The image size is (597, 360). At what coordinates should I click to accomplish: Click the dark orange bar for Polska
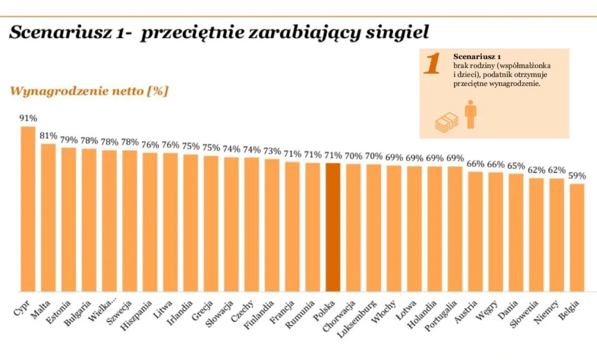(333, 227)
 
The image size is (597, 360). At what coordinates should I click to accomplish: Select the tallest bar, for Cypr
(28, 209)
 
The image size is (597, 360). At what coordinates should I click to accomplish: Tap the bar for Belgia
(577, 238)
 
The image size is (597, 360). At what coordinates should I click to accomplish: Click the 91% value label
(28, 119)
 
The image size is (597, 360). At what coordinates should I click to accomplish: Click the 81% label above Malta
(48, 136)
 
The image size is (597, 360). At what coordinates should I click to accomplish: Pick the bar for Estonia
(69, 220)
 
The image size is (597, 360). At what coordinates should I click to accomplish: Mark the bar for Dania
(516, 232)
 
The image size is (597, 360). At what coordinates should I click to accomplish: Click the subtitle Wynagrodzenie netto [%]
(89, 91)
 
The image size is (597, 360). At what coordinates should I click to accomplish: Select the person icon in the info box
(470, 114)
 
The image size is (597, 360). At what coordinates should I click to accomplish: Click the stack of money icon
(446, 122)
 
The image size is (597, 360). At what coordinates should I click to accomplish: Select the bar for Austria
(475, 232)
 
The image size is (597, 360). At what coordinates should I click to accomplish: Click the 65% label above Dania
(516, 165)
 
